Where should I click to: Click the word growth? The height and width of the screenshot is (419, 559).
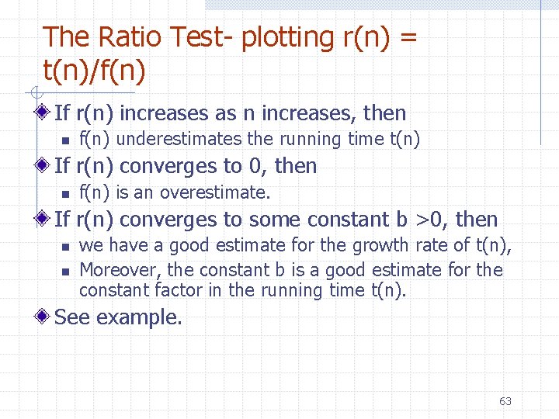click(x=379, y=245)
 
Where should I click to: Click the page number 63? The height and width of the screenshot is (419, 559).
click(x=505, y=401)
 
